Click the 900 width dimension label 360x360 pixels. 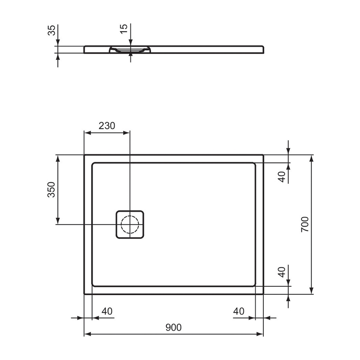(x=173, y=327)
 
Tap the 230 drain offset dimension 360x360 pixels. (x=107, y=126)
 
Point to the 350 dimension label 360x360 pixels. (x=51, y=190)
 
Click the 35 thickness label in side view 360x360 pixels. (x=51, y=31)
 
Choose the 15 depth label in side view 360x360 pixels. (x=124, y=29)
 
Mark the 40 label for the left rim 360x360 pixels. (x=107, y=311)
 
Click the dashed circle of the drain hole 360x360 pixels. (x=130, y=224)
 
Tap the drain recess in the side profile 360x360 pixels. (x=130, y=50)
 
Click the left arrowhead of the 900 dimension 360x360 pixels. (x=87, y=334)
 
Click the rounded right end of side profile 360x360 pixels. (x=264, y=49)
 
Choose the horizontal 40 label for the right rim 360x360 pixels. (x=239, y=311)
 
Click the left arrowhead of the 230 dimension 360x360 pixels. (x=87, y=133)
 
